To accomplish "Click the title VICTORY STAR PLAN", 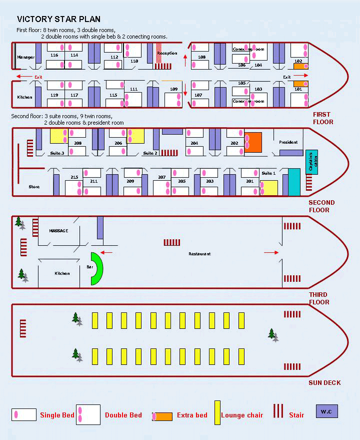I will point(58,20).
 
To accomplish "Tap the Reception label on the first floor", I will point(167,53).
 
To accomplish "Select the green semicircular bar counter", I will point(96,269).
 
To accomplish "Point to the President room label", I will point(288,142).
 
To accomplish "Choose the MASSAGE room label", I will point(58,231).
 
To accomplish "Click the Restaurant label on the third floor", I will point(199,254).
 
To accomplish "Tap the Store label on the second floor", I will point(34,187).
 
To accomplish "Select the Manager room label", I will point(26,57).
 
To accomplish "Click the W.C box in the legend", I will point(326,411).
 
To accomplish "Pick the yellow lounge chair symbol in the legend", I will point(217,413).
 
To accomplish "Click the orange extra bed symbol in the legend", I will point(162,416).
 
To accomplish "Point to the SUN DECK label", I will point(324,383).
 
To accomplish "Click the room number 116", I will point(54,55).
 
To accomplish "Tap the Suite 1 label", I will point(268,173).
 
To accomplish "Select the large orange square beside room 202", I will point(253,141).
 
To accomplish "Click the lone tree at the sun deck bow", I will point(272,334).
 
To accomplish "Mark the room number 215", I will point(74,178).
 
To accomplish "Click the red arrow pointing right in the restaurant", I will point(271,253).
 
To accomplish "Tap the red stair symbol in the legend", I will point(278,411).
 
